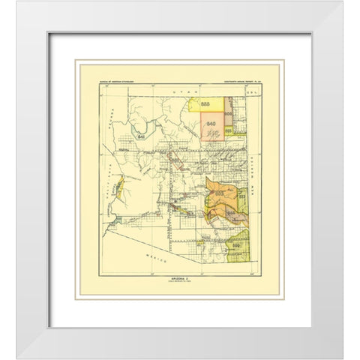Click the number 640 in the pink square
tap(211, 122)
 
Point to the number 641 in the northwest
tap(141, 137)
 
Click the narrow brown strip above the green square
tap(231, 113)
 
